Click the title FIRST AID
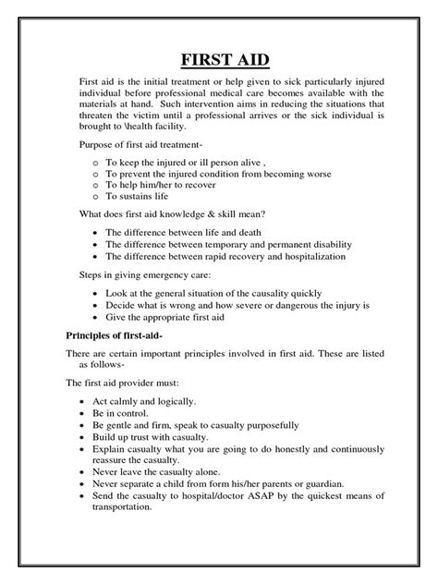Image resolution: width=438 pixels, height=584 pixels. tap(218, 61)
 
